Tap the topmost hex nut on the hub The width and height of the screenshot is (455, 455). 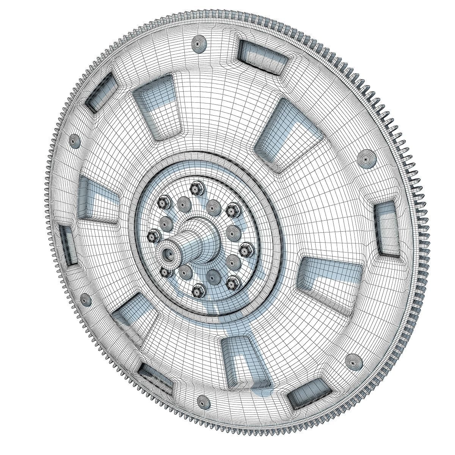coord(196,187)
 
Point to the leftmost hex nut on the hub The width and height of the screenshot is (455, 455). coord(154,236)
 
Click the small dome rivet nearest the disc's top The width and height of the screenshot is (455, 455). coord(200,44)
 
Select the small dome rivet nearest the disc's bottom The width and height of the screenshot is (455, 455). coord(204,401)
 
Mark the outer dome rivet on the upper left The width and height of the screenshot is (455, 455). coord(75,141)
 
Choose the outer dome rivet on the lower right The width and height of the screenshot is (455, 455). coord(353,361)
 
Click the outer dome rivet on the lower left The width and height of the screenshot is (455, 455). coord(86,301)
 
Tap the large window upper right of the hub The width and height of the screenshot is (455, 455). coord(290,136)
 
